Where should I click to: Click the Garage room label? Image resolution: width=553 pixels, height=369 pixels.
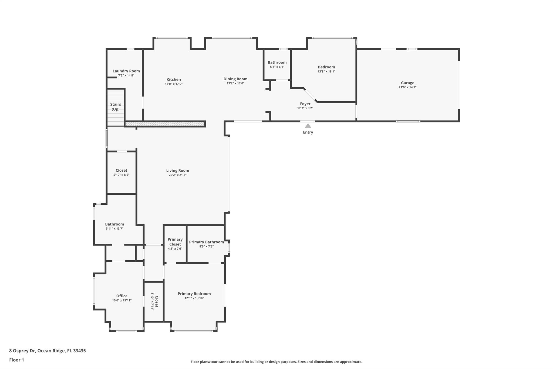pos(407,83)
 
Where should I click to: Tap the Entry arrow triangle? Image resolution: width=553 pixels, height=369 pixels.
pos(308,126)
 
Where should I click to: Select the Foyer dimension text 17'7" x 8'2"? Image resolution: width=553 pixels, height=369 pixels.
pos(305,108)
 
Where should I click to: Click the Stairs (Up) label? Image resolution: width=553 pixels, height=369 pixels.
pos(116,107)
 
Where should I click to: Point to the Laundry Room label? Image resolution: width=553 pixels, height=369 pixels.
pos(126,71)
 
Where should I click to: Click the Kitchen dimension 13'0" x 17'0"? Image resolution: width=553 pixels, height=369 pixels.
pos(174,84)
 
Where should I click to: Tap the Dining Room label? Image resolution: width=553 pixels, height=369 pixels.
pos(235,79)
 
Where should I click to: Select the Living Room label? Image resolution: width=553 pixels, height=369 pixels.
pos(177,171)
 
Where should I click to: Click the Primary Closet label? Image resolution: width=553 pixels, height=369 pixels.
pos(175,242)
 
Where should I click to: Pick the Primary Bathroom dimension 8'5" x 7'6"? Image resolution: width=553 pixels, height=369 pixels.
pos(206,247)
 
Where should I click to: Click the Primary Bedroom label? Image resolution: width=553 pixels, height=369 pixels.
pos(194,294)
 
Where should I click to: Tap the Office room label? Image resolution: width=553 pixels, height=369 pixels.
pos(122,296)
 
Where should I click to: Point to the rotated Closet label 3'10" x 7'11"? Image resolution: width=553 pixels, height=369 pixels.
pos(154,301)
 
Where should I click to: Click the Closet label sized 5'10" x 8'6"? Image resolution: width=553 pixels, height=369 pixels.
pos(121,171)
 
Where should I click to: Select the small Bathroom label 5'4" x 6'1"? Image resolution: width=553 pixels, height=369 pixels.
pos(277,62)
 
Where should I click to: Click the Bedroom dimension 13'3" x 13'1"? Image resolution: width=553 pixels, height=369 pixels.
pos(326,72)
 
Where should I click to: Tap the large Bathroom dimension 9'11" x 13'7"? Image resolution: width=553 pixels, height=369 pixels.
pos(114,229)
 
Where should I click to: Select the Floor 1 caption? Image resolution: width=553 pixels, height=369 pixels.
pos(16,360)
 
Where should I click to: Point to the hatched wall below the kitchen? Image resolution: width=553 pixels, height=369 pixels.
pos(165,124)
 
